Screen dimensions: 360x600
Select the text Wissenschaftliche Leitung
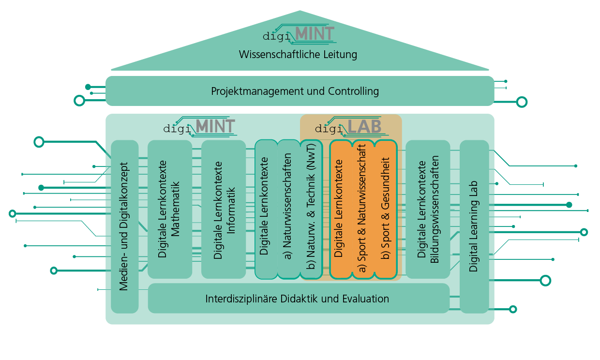298,54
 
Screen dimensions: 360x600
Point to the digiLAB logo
349,127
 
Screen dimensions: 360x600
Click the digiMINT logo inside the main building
199,127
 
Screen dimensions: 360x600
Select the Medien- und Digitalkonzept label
124,226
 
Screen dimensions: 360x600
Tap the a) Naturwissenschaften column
289,209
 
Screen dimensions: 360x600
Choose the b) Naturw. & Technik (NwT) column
311,209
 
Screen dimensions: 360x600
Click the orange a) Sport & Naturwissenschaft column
363,209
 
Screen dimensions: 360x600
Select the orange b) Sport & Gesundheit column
386,209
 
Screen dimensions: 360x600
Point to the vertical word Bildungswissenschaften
435,209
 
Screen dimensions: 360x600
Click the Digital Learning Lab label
473,226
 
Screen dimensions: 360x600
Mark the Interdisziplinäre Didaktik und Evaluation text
297,299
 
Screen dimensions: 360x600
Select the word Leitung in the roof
341,54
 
